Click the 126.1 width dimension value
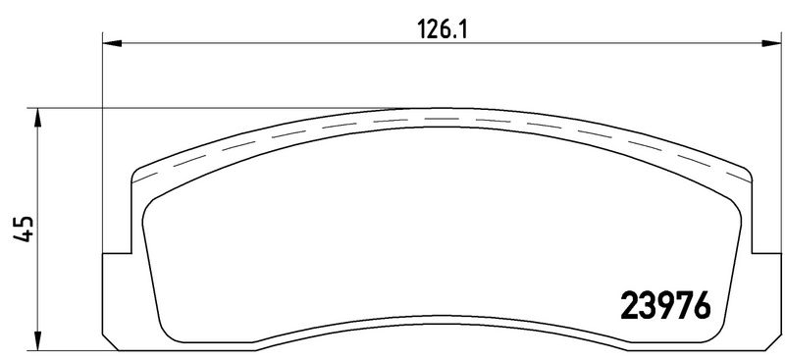(x=442, y=30)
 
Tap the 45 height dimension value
(x=24, y=230)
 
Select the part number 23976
(x=665, y=305)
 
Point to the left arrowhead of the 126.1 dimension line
(x=112, y=43)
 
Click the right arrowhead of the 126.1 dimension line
(x=771, y=43)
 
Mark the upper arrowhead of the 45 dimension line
(x=37, y=118)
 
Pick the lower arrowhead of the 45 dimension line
(x=37, y=340)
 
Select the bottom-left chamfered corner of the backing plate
(x=110, y=342)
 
